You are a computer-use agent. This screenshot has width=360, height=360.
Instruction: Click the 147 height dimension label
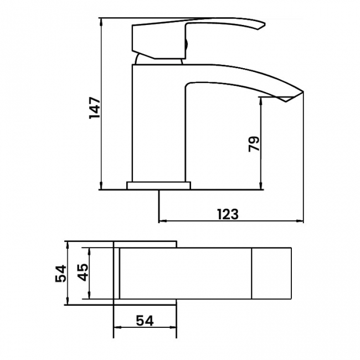[x=94, y=107]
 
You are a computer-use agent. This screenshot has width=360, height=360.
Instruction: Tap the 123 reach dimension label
[x=227, y=214]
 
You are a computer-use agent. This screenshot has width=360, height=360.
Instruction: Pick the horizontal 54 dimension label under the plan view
[x=144, y=320]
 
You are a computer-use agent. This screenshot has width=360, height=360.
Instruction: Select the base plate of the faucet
[x=159, y=185]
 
